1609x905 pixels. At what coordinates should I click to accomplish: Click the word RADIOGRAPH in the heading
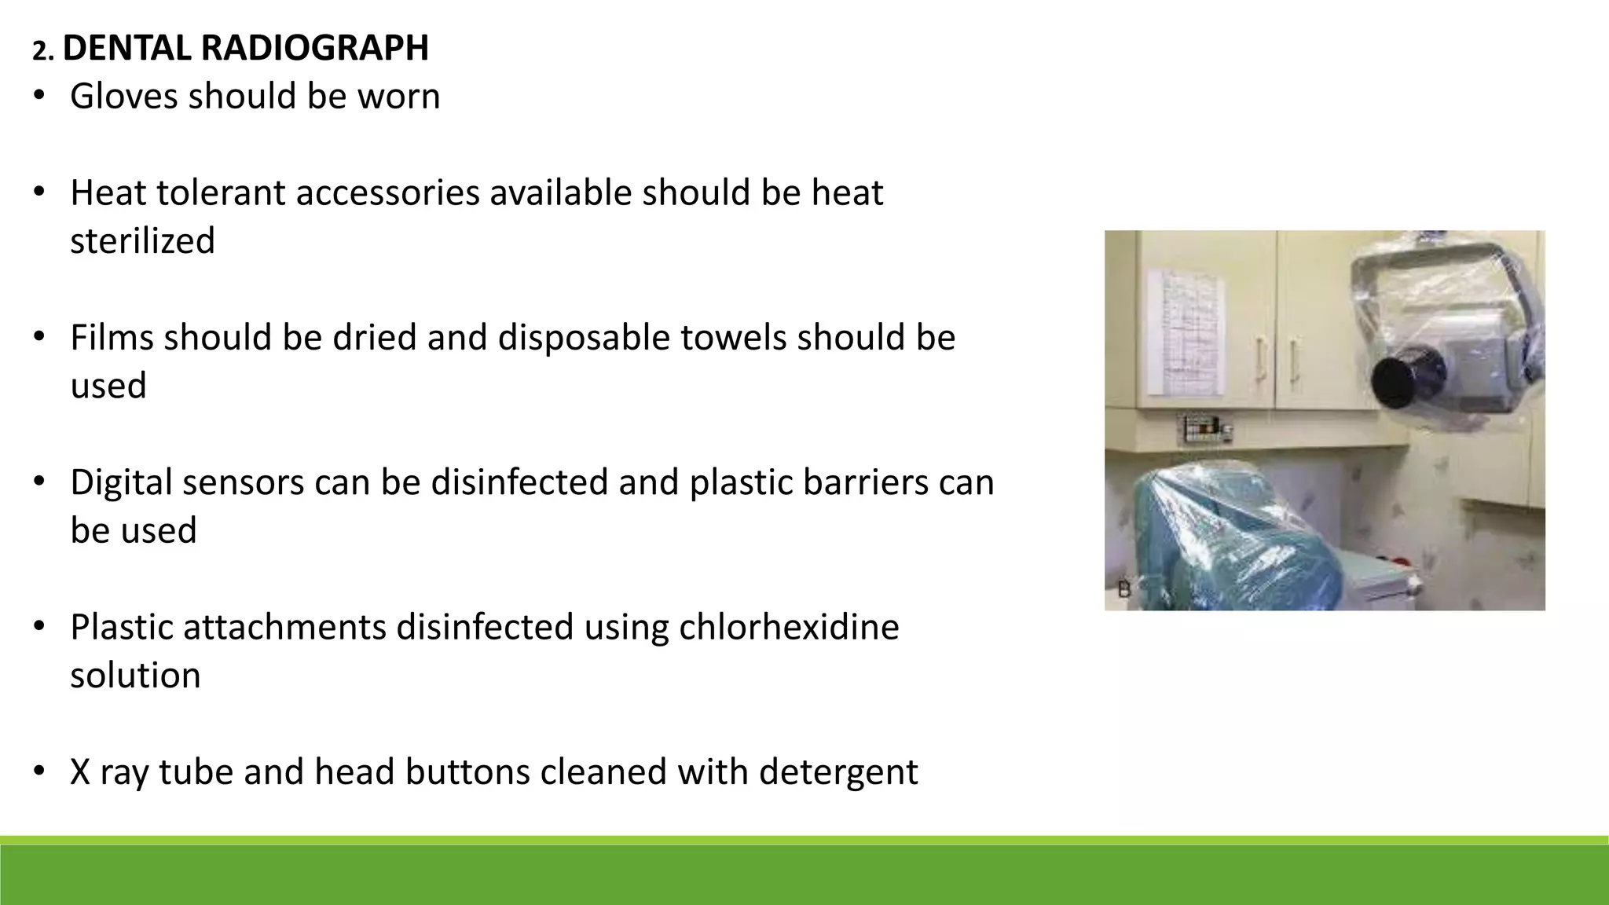pos(314,48)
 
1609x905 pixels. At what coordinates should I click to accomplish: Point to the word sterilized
pos(142,241)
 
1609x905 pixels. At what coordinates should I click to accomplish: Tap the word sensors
pos(242,482)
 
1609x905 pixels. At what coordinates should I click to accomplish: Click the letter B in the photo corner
pos(1123,589)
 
